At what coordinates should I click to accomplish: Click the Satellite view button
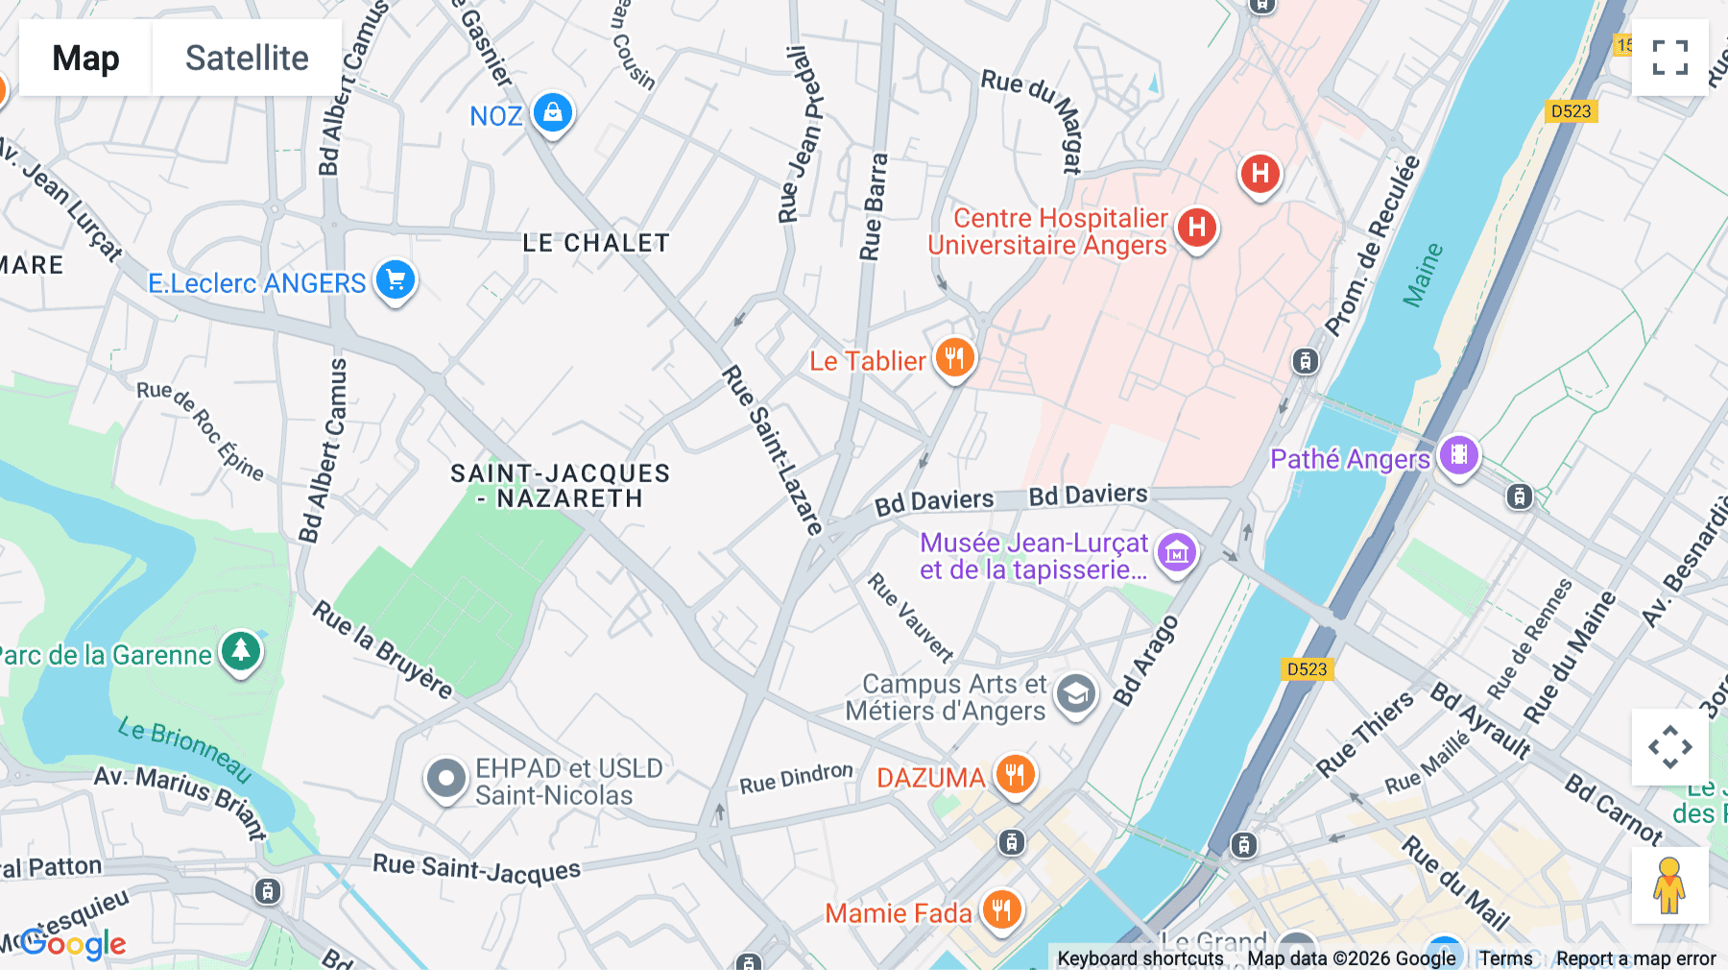click(247, 58)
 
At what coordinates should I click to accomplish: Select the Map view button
click(85, 58)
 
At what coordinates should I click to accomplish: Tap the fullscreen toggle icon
click(1669, 58)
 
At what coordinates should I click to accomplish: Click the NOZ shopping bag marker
click(553, 113)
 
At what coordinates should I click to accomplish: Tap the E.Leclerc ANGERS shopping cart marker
click(396, 280)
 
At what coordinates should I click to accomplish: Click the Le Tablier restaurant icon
click(954, 358)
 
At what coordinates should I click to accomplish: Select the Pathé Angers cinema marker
click(1458, 454)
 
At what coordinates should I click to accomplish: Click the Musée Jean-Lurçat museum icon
click(1177, 552)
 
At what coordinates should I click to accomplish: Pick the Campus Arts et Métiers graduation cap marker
click(1076, 693)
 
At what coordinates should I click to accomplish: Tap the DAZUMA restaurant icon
click(1015, 773)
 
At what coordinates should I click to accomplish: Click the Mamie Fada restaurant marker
click(1001, 909)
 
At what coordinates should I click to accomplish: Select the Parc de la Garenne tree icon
click(241, 651)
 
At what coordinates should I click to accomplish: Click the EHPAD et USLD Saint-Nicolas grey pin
click(446, 779)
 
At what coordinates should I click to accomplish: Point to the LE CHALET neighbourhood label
click(595, 243)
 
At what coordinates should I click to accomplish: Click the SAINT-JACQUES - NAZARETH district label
click(561, 486)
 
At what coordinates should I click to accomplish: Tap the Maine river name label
click(1423, 275)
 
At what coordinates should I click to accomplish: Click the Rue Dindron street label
click(796, 778)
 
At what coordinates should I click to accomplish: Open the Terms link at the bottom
click(1505, 958)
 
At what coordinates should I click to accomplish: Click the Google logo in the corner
click(73, 944)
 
